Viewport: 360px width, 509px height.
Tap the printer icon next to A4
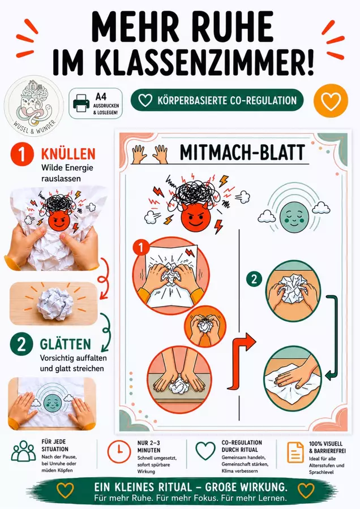click(80, 103)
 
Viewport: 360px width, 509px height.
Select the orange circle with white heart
click(331, 101)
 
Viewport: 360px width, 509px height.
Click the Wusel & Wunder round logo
click(34, 106)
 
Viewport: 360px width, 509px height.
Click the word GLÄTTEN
click(65, 344)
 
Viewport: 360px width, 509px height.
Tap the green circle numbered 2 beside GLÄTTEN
click(22, 344)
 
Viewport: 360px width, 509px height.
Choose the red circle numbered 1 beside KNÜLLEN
click(22, 154)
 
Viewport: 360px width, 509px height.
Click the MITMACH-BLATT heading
click(242, 152)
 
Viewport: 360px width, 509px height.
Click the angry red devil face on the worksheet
click(195, 216)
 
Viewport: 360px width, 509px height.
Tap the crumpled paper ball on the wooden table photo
click(54, 304)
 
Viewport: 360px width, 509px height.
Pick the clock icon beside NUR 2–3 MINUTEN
click(119, 451)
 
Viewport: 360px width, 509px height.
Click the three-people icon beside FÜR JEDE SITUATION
click(23, 451)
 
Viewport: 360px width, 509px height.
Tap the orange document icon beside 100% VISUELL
click(295, 452)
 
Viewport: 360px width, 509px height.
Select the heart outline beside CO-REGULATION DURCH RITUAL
click(205, 451)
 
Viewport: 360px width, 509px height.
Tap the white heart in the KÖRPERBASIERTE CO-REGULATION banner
click(145, 100)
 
